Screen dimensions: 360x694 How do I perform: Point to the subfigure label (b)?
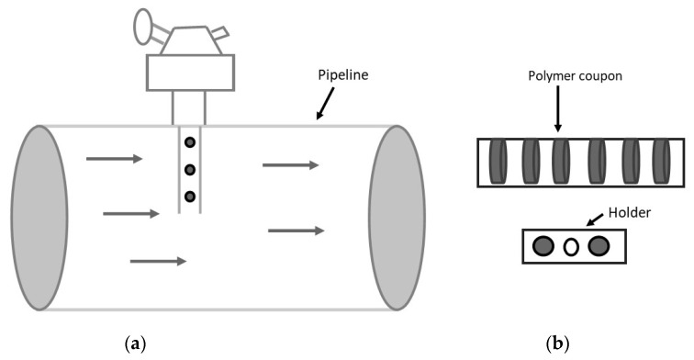tap(557, 344)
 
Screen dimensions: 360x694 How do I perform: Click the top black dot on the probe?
tap(189, 142)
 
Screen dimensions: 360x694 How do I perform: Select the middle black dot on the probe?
tap(189, 170)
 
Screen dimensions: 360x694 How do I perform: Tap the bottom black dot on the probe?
tap(189, 196)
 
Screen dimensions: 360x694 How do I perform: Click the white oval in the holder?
tap(571, 246)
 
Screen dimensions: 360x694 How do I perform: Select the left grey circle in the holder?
tap(543, 246)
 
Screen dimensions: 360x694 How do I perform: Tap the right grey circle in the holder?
tap(599, 246)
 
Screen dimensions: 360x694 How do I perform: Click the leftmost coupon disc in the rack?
tap(499, 162)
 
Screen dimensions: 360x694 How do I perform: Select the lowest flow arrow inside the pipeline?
tap(158, 261)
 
